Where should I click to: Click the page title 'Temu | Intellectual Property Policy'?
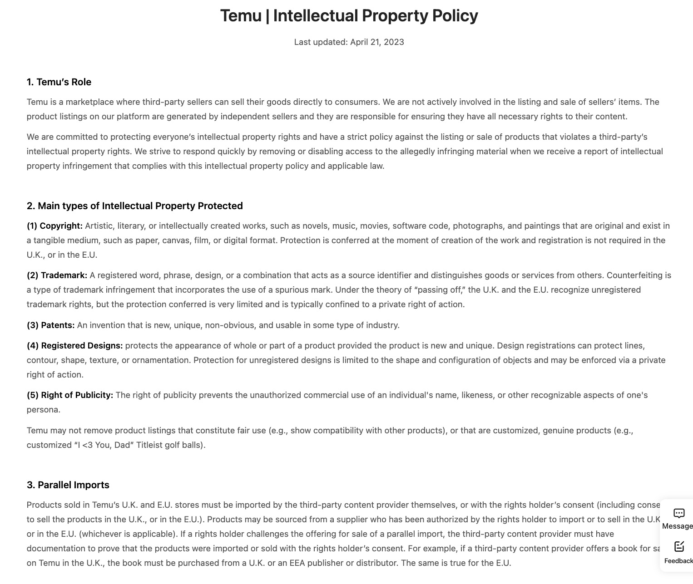349,16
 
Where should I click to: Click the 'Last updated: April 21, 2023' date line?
349,42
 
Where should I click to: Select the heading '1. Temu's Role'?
59,82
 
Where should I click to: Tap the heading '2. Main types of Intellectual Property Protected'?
134,206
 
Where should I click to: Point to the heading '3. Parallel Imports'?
68,485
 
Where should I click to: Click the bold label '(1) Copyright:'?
54,226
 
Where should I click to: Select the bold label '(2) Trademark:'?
57,275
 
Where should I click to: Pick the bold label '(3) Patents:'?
50,325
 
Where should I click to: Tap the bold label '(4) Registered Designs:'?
74,346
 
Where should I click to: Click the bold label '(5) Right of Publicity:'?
69,395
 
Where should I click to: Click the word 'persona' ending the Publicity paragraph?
43,410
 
